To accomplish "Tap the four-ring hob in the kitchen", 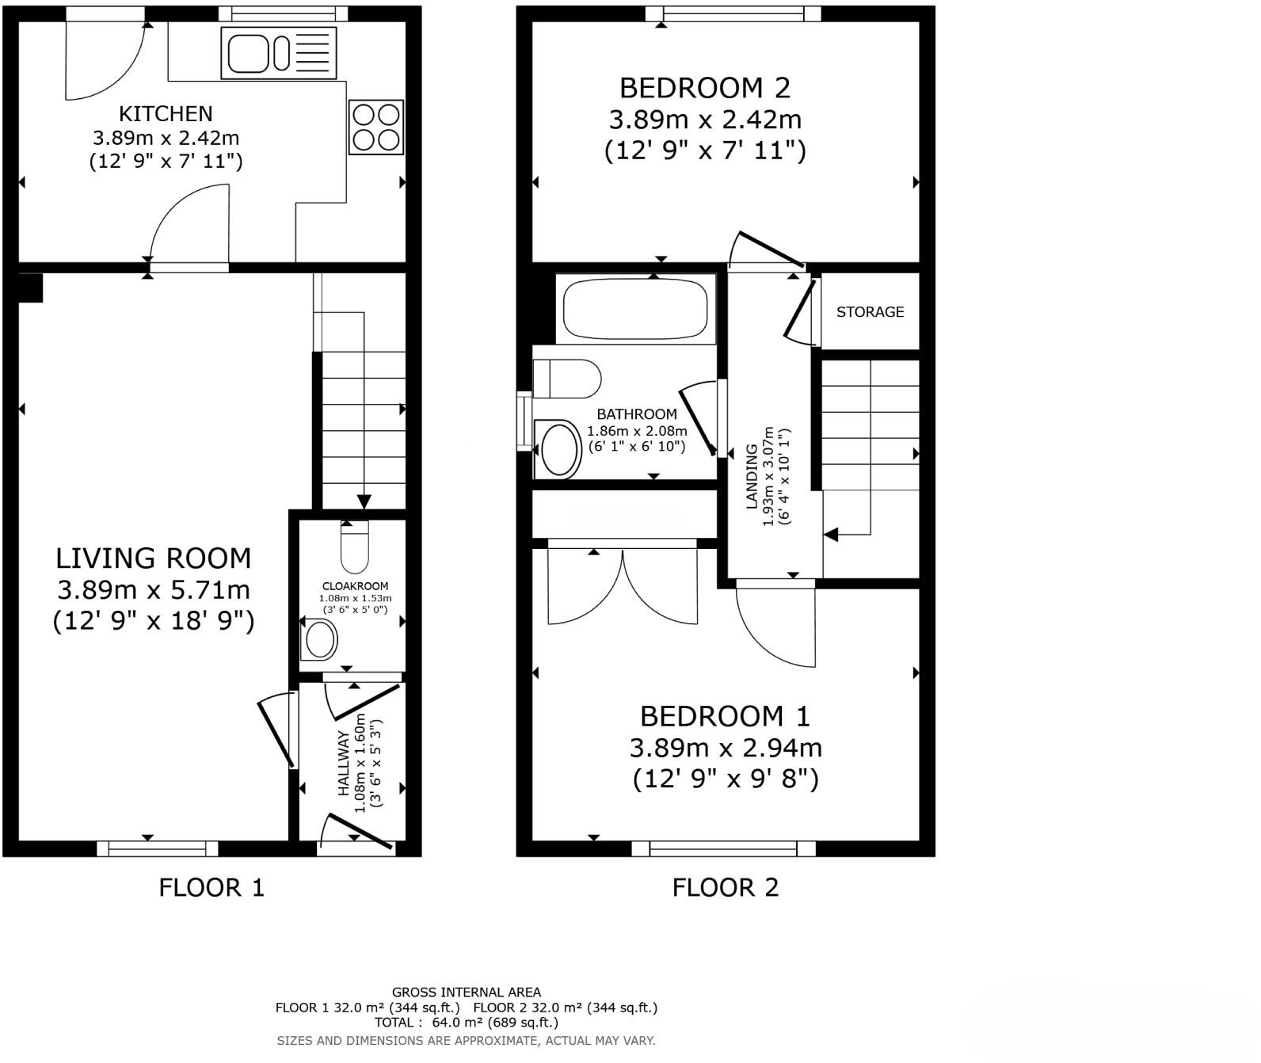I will click(x=376, y=127).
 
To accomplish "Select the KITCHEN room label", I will click(x=166, y=113).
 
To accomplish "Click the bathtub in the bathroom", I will click(x=634, y=310).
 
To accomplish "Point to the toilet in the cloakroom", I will click(x=354, y=547).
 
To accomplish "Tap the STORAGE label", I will click(x=870, y=312).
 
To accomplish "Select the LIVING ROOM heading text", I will click(x=153, y=558).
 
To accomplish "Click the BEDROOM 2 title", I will click(x=705, y=87).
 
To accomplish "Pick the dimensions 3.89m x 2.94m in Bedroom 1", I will click(x=726, y=748).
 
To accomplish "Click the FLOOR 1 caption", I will click(x=211, y=887).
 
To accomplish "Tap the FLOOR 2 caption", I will click(x=726, y=887).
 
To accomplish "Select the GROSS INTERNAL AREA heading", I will click(x=467, y=992).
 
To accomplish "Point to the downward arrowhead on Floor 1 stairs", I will click(x=364, y=501).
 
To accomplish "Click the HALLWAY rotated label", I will click(x=344, y=764).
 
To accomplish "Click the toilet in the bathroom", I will click(x=568, y=379).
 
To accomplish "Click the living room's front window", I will click(x=157, y=848).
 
